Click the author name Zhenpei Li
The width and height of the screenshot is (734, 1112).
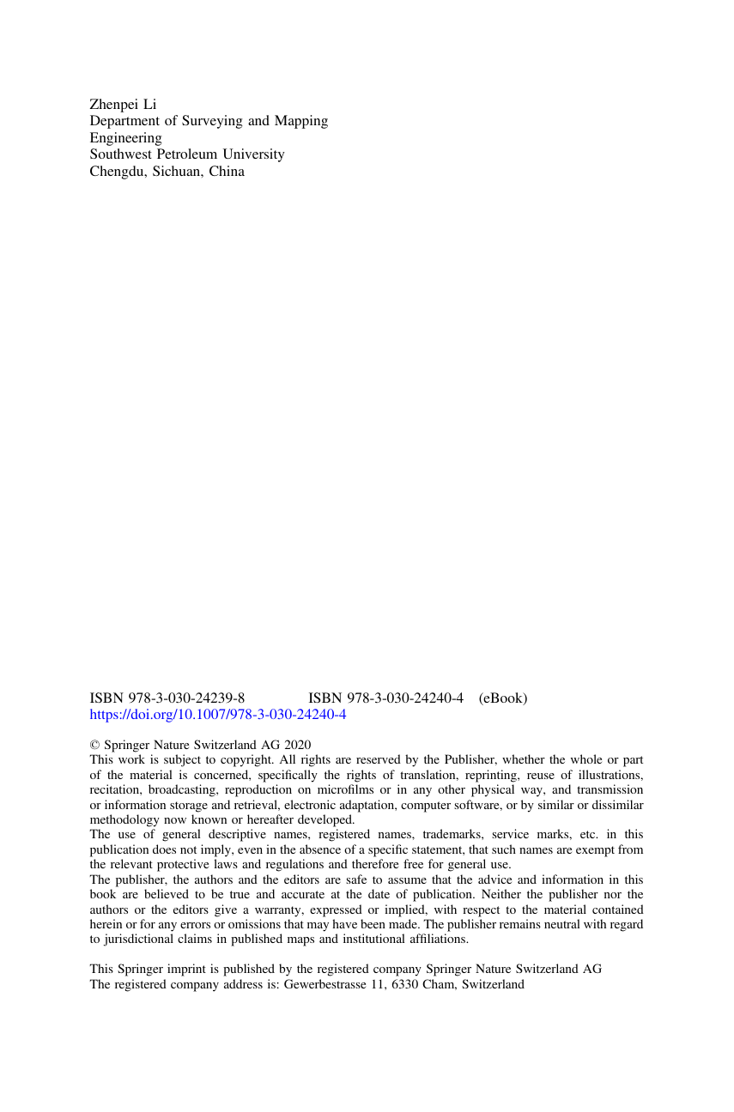pos(123,105)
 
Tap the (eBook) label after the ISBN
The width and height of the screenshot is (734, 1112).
pos(502,698)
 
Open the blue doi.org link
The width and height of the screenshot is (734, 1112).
pos(218,714)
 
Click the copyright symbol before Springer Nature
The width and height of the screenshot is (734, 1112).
pos(94,745)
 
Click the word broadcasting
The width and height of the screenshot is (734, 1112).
pos(183,789)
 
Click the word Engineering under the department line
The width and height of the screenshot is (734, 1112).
pos(125,137)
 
